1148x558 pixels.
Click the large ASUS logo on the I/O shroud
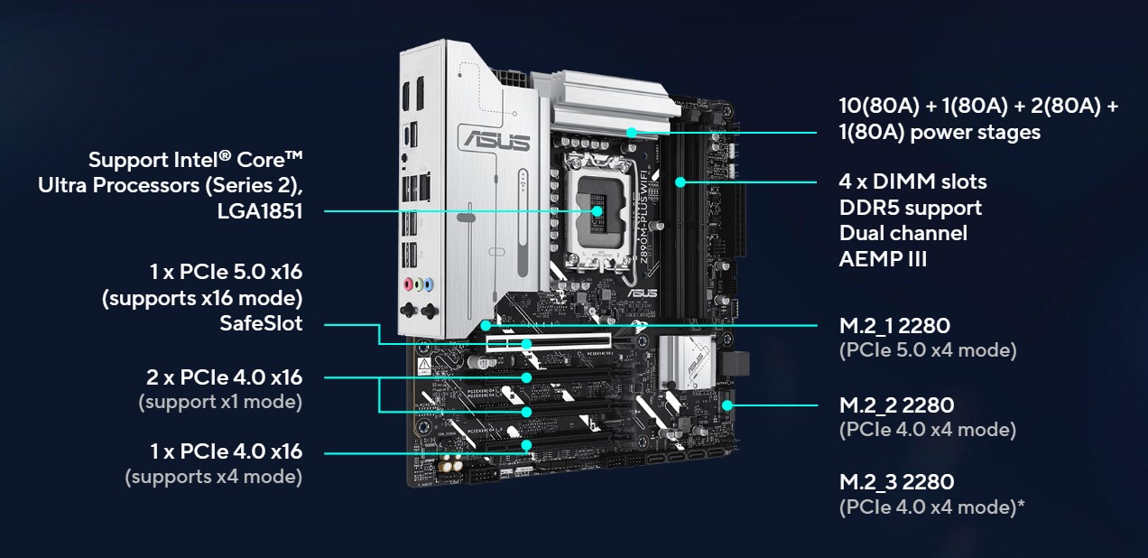[496, 140]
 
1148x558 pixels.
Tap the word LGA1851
[260, 211]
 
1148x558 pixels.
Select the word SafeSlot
[261, 323]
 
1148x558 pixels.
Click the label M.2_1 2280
[894, 326]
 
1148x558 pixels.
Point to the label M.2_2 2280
[896, 405]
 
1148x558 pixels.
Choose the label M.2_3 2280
[896, 482]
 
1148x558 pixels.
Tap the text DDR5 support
[911, 208]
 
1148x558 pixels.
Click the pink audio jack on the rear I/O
[409, 284]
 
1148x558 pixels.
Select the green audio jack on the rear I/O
[419, 284]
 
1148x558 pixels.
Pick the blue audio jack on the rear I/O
[429, 284]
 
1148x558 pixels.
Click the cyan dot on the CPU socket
[597, 210]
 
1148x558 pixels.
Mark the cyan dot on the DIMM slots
[680, 182]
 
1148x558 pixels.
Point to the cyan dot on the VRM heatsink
[632, 133]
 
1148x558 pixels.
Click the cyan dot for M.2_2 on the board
[727, 405]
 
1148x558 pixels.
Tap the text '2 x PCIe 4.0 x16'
[225, 377]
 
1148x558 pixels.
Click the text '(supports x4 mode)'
[214, 477]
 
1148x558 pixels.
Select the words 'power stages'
[976, 133]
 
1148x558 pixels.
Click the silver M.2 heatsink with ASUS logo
[686, 360]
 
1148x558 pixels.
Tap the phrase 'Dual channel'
[903, 233]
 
